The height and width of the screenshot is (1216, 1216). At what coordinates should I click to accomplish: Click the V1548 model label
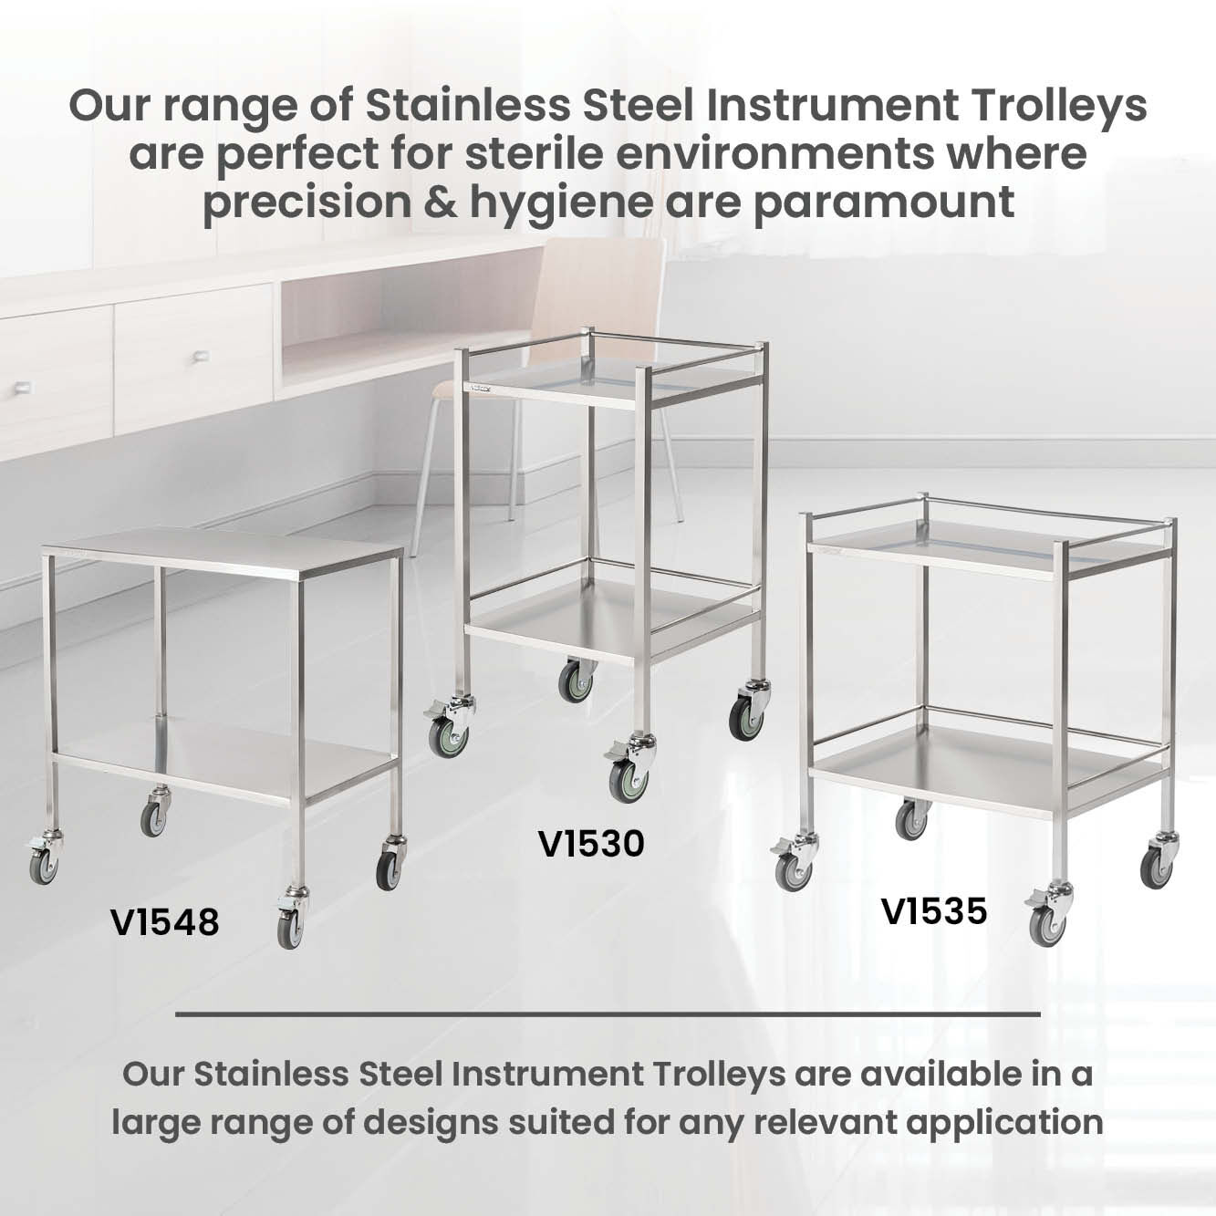coord(165,922)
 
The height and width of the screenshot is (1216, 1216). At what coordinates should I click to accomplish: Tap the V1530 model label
coord(591,844)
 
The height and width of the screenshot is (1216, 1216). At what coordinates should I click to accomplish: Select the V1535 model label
coord(934,912)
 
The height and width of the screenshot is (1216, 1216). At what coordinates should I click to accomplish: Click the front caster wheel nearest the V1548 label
coord(291,929)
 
